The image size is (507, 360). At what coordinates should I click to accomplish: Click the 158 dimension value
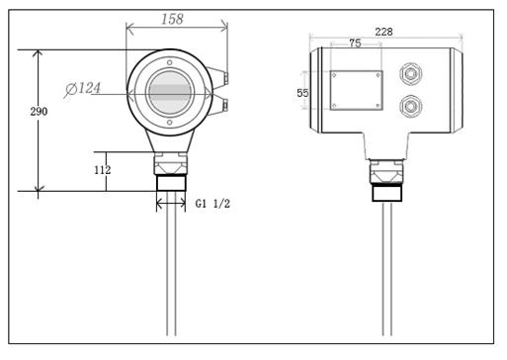[x=172, y=19]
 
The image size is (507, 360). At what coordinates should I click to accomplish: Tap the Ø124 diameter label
[x=83, y=88]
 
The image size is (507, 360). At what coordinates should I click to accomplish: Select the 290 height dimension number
[x=39, y=112]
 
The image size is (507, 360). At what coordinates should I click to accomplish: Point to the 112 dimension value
[x=103, y=170]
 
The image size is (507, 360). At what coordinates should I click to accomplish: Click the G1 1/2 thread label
[x=212, y=204]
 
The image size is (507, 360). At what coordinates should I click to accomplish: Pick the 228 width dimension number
[x=383, y=32]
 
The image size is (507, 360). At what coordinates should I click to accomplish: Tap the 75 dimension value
[x=355, y=44]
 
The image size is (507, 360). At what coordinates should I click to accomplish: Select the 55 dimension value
[x=302, y=93]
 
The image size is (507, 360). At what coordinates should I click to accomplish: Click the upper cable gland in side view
[x=410, y=74]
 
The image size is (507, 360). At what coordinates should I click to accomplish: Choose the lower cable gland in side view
[x=410, y=106]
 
